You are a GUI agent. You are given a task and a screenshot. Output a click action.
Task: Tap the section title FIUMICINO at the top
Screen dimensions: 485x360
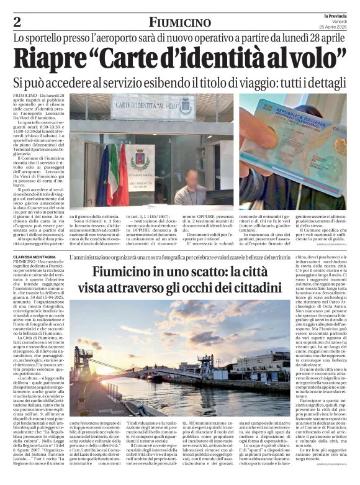click(179, 23)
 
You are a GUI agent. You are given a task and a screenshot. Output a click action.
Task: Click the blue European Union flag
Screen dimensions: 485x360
click(103, 175)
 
